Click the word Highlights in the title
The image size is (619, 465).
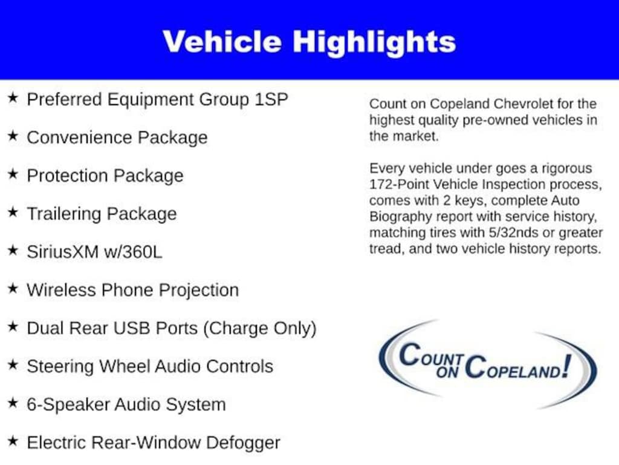click(374, 42)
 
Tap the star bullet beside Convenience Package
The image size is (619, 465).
click(13, 136)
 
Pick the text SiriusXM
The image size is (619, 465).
click(62, 252)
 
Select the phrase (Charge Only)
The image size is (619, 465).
click(260, 328)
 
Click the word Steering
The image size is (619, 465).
click(60, 366)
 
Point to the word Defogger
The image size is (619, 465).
click(243, 443)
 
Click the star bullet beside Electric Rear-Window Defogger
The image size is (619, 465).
click(13, 442)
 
